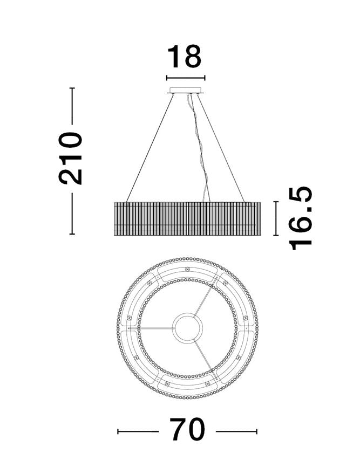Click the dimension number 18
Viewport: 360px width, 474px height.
(x=185, y=56)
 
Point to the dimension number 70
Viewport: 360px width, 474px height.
(x=188, y=430)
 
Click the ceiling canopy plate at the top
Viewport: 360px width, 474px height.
(x=186, y=90)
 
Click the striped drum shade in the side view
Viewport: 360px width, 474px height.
(x=187, y=218)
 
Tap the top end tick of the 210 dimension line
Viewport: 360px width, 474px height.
(x=72, y=88)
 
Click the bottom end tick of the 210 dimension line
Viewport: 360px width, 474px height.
(x=72, y=235)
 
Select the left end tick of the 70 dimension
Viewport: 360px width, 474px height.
(x=118, y=431)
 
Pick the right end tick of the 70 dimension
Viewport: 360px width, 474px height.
(x=257, y=431)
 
